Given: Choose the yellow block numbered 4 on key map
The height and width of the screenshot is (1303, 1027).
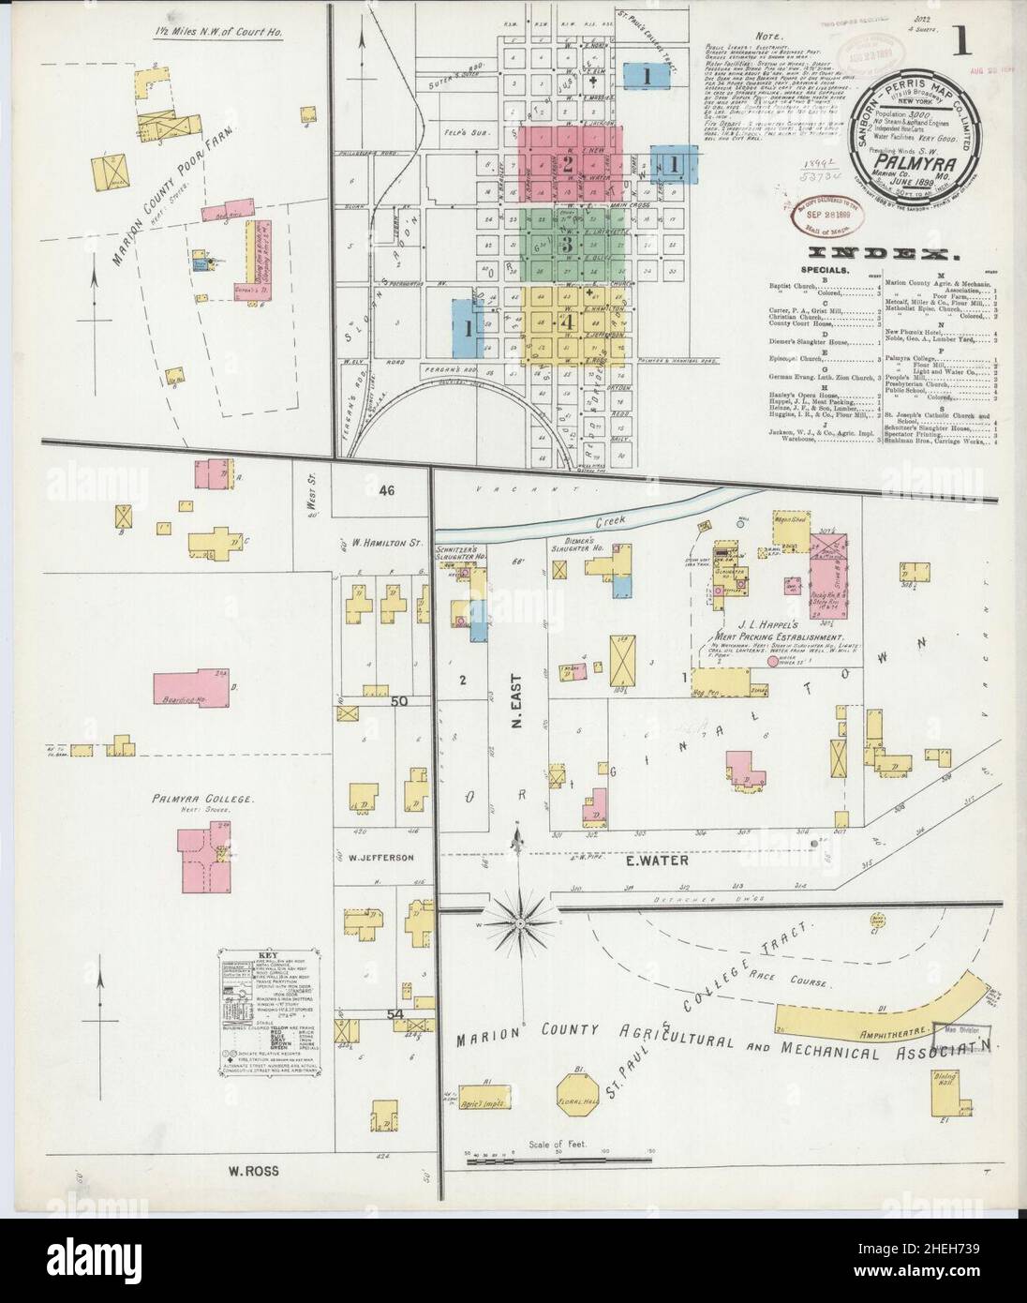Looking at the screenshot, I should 567,322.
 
